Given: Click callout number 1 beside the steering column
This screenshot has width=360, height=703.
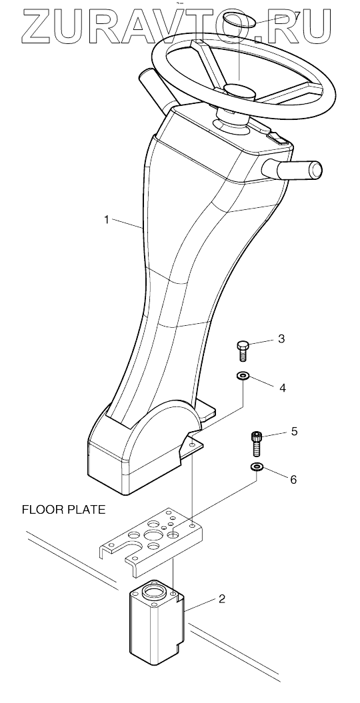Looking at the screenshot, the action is (x=106, y=220).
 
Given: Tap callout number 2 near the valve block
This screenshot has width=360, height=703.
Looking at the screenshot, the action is (x=221, y=598).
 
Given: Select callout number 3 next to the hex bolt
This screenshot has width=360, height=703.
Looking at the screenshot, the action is (x=281, y=339).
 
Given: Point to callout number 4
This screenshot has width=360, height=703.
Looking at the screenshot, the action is (x=283, y=387).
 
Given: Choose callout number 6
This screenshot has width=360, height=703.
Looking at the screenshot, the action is (x=293, y=479).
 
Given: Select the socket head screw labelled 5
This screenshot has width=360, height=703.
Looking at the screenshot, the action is (x=257, y=444).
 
